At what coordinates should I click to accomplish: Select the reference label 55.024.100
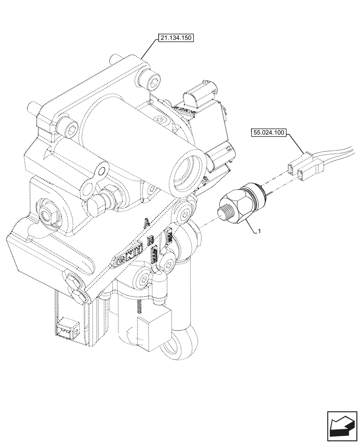269,132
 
